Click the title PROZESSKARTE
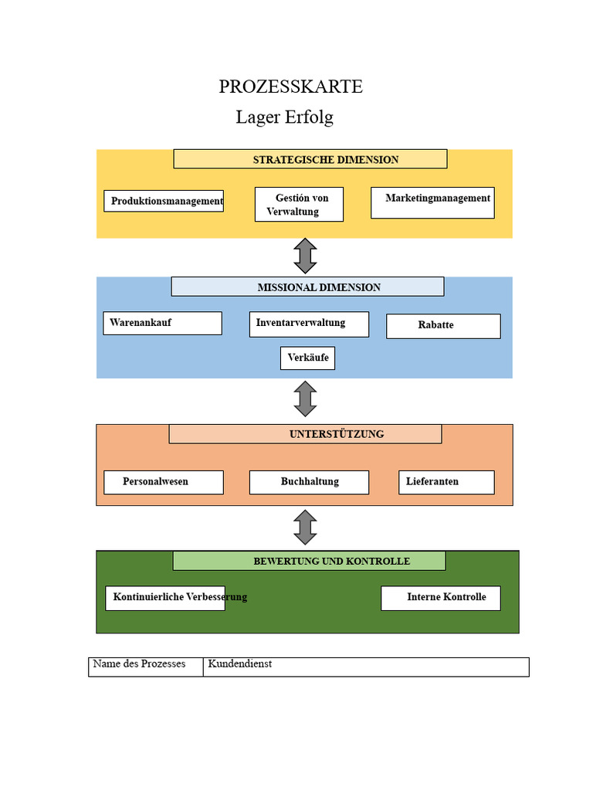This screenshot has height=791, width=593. [x=290, y=87]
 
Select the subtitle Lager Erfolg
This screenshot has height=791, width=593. [x=284, y=117]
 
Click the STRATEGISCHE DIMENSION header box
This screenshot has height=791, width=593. [x=310, y=159]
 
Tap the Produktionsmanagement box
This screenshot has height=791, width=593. [x=164, y=201]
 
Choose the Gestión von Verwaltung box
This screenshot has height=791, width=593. [x=299, y=204]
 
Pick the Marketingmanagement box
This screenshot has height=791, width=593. [x=432, y=203]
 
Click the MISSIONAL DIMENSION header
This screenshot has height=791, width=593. [x=307, y=287]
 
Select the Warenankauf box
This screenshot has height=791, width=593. [x=162, y=324]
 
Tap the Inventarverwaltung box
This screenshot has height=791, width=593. [x=309, y=324]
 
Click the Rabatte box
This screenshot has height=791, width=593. [x=443, y=327]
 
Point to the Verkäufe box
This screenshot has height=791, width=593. [x=307, y=358]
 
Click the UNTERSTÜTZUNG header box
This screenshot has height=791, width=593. [x=305, y=434]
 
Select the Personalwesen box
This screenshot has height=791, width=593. [x=164, y=482]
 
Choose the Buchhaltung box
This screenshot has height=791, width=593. [x=309, y=482]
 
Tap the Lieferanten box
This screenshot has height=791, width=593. [x=446, y=482]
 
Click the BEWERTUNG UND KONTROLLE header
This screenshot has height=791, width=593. [x=309, y=561]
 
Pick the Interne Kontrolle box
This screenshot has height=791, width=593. [x=441, y=599]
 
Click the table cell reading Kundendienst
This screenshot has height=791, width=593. [x=366, y=667]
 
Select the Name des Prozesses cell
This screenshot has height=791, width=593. [x=146, y=667]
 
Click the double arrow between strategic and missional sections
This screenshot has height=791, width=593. [x=305, y=256]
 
